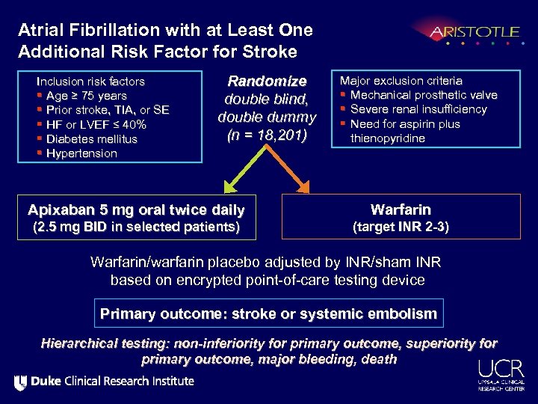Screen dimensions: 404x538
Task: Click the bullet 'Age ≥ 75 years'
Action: pos(86,96)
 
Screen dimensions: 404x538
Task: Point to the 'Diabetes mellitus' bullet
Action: pos(91,139)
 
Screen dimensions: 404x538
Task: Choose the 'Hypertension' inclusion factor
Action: pos(81,153)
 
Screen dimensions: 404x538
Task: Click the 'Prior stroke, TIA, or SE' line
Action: pos(108,110)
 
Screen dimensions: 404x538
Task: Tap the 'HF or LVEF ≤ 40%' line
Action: pos(96,125)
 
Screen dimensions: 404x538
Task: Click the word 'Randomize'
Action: pos(267,81)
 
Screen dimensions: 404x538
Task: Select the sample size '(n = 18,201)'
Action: pos(267,135)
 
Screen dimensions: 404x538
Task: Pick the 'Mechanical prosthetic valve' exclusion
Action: pos(423,95)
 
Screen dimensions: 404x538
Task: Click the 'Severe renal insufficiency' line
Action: pos(418,109)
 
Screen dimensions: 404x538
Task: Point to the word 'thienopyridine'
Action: pos(387,138)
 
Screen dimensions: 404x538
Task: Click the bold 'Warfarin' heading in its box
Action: pos(401,210)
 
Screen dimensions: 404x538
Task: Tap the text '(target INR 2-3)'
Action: pos(401,227)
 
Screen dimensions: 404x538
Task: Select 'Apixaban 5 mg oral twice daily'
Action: pos(136,209)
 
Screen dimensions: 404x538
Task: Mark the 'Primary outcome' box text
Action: pos(268,314)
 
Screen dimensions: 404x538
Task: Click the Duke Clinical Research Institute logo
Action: pos(104,382)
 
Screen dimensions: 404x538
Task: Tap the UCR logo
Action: pos(497,374)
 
